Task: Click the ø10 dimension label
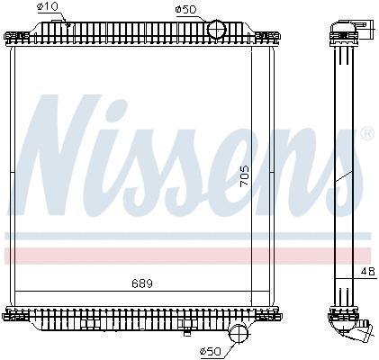click(x=49, y=8)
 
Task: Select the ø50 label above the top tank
click(x=187, y=8)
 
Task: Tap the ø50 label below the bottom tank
click(x=208, y=350)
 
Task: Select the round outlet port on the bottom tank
click(x=238, y=333)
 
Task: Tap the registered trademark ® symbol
click(x=366, y=134)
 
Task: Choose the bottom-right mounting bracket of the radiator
click(x=268, y=315)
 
